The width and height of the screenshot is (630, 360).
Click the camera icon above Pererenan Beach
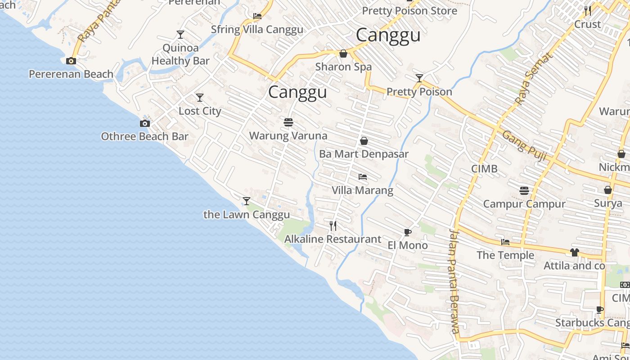point(71,61)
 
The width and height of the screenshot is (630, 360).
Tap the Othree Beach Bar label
point(144,136)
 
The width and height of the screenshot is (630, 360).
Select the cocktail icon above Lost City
point(200,98)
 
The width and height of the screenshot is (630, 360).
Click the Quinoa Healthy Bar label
point(180,54)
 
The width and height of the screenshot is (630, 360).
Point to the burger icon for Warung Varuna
point(288,122)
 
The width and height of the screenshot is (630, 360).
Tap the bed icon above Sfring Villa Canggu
point(257,16)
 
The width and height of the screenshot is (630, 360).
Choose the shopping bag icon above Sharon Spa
point(343,54)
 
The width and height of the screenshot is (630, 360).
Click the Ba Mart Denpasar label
point(364,154)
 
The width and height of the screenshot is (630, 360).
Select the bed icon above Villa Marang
point(363,177)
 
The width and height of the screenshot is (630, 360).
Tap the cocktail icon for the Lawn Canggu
point(247,201)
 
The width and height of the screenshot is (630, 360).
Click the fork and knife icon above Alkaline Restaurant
point(333,225)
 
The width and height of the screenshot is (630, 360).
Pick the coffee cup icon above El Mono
point(407,232)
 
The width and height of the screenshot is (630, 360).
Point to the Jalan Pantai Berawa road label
point(454,281)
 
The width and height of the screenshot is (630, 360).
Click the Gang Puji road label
point(524,146)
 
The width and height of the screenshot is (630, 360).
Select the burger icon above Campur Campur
point(524,191)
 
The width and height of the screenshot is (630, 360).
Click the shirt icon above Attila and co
point(574,252)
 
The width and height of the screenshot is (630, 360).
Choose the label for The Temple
point(505,255)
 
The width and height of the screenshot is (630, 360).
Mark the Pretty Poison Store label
point(409,11)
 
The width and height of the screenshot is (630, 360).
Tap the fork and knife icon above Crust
point(588,10)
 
